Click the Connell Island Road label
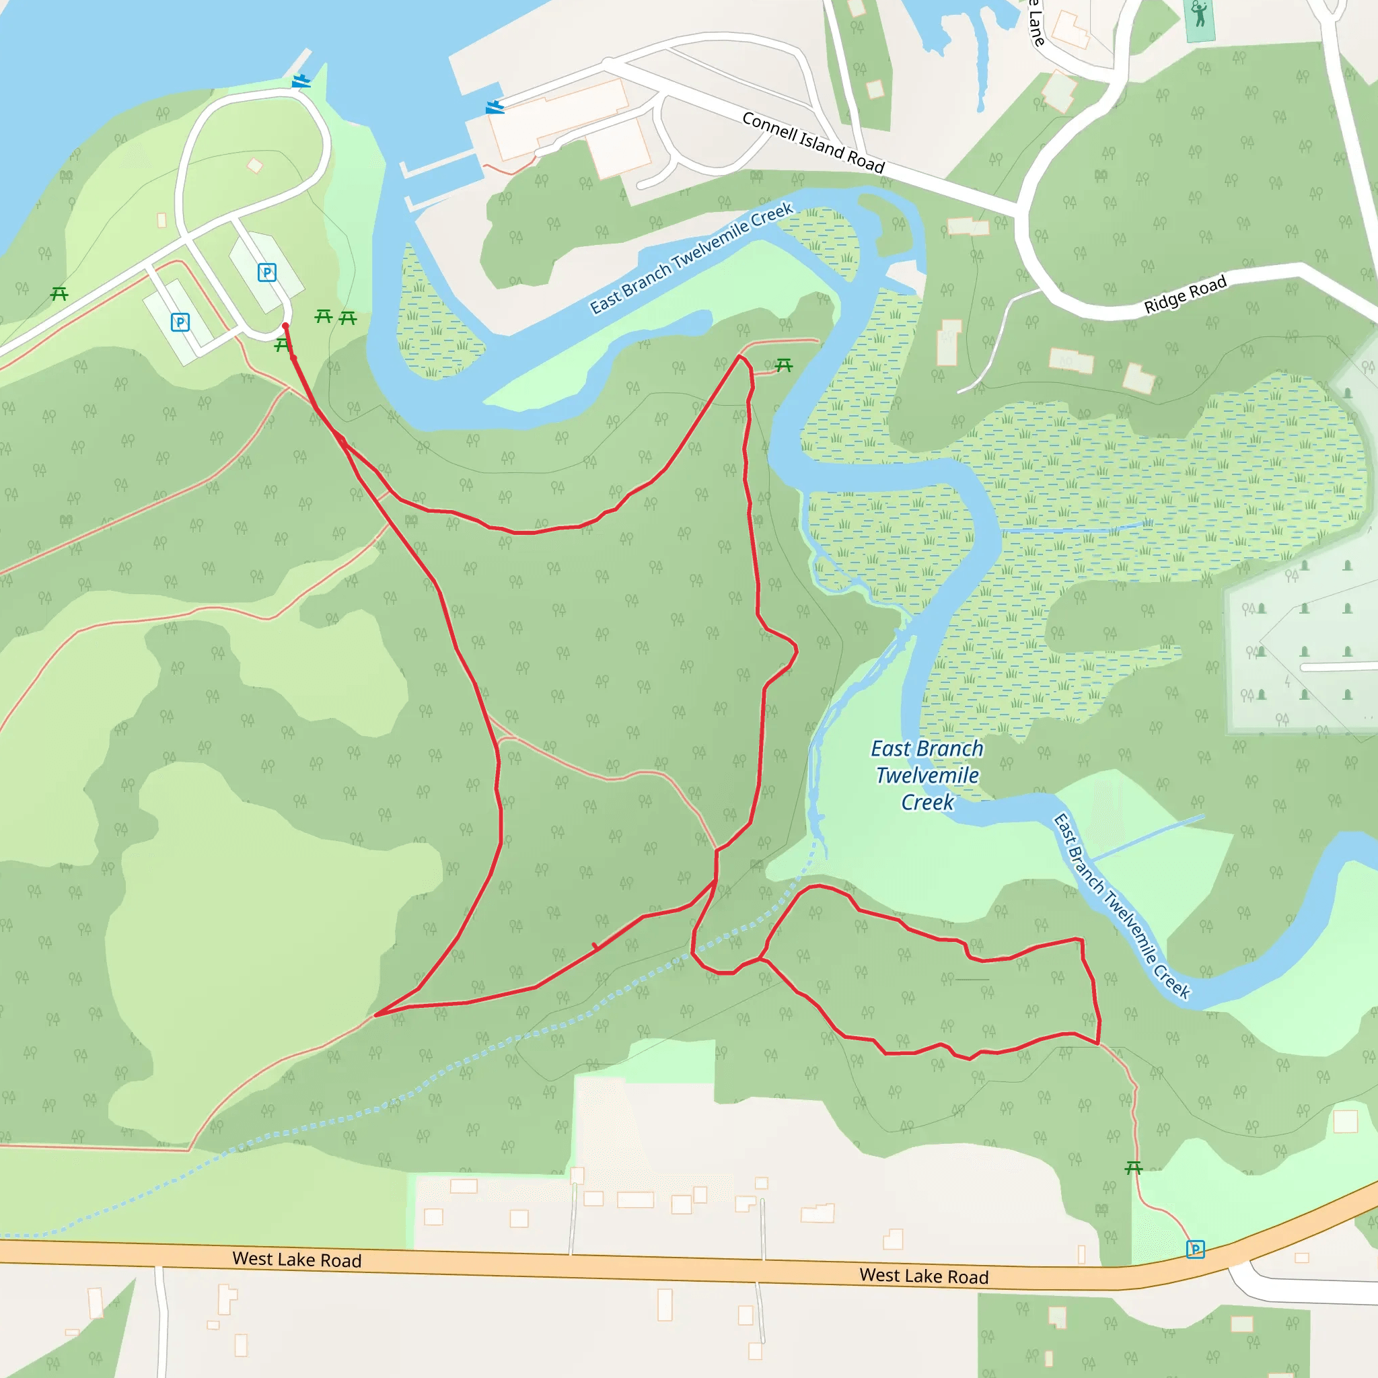[813, 143]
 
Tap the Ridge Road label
[1185, 294]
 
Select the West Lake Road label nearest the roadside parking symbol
[924, 1276]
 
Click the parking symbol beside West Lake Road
[1196, 1249]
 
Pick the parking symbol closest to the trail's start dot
[266, 273]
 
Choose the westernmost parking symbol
[180, 322]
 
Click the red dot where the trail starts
[285, 326]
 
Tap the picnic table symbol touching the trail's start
[283, 346]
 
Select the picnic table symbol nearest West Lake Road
[1133, 1167]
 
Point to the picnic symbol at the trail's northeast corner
[784, 365]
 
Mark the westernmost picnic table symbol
[59, 293]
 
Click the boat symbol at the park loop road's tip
[301, 81]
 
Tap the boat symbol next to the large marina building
[495, 107]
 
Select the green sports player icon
[1200, 14]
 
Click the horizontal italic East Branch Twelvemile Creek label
[927, 775]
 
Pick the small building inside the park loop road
[254, 166]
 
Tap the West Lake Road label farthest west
[297, 1260]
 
